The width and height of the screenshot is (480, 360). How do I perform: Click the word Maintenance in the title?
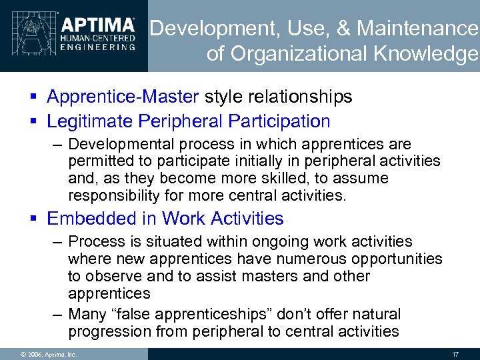417,29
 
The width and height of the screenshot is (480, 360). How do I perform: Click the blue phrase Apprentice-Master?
123,97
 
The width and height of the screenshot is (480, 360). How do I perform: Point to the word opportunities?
395,259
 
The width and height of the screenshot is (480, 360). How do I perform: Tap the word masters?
255,276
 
